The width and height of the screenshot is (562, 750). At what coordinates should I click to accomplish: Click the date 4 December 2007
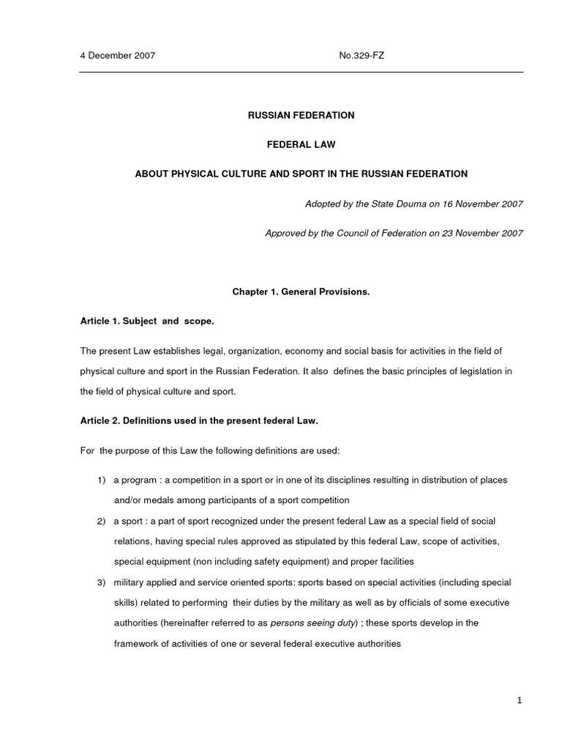coord(117,56)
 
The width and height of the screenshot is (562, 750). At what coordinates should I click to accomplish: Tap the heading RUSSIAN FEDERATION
coord(301,115)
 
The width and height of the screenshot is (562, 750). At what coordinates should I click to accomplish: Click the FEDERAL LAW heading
coord(301,144)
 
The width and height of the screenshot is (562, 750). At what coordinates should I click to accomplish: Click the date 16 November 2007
coord(479,204)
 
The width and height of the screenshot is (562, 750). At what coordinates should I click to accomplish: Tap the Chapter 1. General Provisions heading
coord(301,292)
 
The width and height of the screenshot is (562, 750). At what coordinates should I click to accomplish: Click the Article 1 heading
coord(146,321)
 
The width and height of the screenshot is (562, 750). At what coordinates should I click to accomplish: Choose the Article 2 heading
coord(199,421)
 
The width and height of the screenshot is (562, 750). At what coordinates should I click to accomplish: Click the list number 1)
coord(102,480)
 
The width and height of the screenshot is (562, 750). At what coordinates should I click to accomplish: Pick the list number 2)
coord(102,521)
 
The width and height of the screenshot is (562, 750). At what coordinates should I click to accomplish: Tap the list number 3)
coord(102,582)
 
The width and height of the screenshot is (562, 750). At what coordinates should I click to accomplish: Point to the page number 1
coord(519,701)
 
